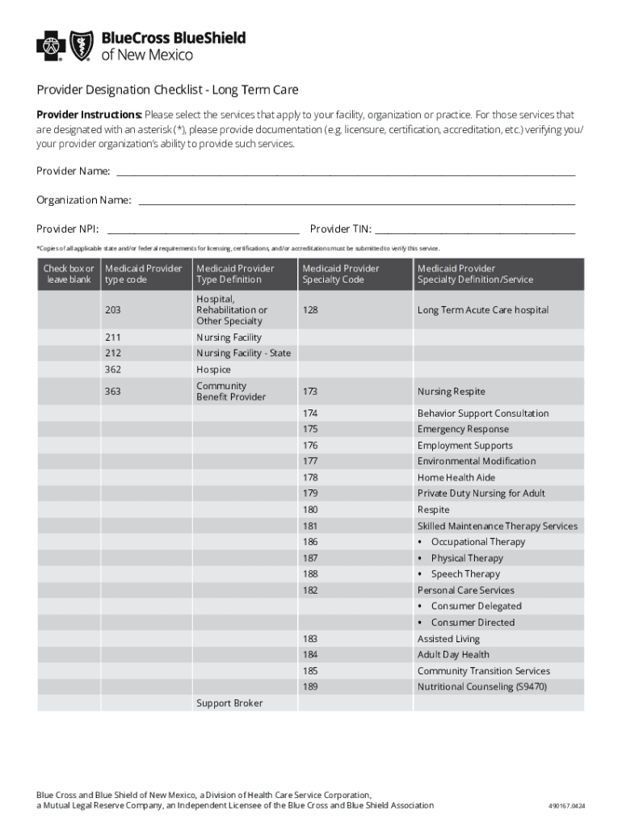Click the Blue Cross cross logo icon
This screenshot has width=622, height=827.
(x=51, y=46)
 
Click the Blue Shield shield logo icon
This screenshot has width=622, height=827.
(x=81, y=46)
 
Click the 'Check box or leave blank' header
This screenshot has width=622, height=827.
(x=69, y=274)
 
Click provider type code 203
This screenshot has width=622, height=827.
(x=113, y=310)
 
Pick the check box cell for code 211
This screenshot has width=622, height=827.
(x=69, y=338)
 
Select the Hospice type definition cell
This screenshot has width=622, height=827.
(x=213, y=370)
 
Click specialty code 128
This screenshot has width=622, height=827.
(x=310, y=310)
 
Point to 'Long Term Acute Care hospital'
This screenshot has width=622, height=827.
(x=482, y=310)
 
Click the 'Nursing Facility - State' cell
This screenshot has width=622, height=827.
(x=243, y=354)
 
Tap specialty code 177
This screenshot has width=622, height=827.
(x=310, y=461)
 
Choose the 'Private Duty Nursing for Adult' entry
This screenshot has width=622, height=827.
(x=481, y=493)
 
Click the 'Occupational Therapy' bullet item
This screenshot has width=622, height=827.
(x=477, y=542)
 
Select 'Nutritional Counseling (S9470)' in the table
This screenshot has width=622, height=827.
(x=481, y=687)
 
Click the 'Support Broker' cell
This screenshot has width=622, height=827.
(x=229, y=703)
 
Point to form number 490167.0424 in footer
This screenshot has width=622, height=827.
(x=565, y=806)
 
